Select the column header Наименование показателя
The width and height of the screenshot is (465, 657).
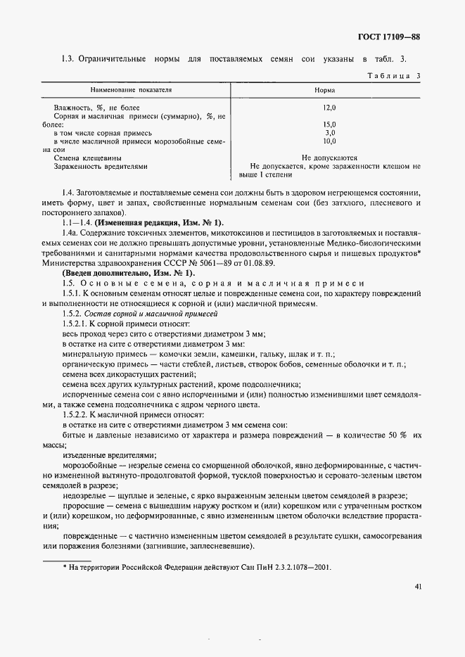point(131,91)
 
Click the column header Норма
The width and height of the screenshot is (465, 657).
point(325,91)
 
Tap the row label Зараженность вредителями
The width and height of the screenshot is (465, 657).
point(101,167)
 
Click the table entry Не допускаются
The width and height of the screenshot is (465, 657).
point(329,158)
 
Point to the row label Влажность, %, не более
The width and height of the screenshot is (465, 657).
point(92,108)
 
